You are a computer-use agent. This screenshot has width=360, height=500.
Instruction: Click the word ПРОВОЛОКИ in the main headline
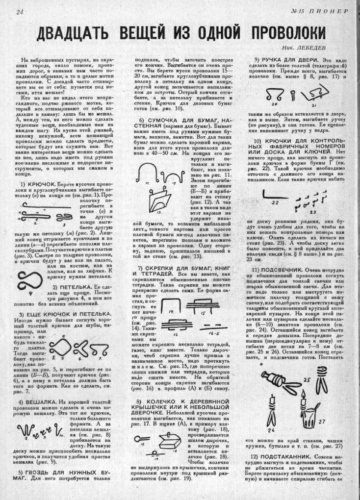click(x=288, y=33)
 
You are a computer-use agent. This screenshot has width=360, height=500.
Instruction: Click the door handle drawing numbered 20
click(x=273, y=95)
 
